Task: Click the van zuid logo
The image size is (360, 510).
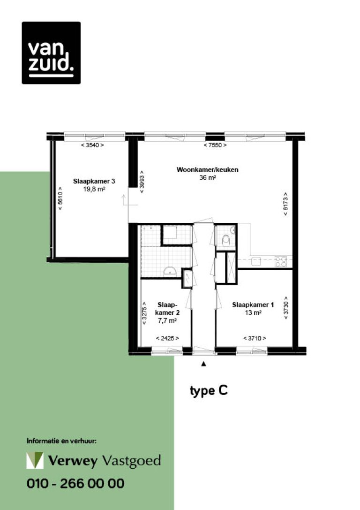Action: (51, 53)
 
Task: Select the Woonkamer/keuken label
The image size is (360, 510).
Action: (207, 169)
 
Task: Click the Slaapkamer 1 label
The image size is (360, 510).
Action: (253, 305)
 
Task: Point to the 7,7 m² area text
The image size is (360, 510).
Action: (167, 321)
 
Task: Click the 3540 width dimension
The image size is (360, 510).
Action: (92, 145)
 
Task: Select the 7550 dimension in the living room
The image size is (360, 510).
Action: (215, 145)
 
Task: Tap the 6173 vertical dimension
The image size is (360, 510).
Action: (285, 204)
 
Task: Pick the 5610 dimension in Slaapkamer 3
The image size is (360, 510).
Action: (60, 198)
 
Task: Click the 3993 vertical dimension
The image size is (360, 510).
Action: (142, 182)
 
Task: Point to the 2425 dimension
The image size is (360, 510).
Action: (167, 338)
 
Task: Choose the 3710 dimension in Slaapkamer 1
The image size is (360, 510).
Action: (255, 338)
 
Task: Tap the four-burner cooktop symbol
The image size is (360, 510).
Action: (281, 261)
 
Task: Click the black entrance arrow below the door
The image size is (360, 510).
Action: (203, 364)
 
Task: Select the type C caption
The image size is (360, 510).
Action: (209, 391)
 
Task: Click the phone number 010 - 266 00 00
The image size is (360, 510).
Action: (75, 483)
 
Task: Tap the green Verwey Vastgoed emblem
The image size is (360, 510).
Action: (35, 460)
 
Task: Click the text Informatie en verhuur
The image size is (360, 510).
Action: (62, 441)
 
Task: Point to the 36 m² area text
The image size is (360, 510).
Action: (208, 178)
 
